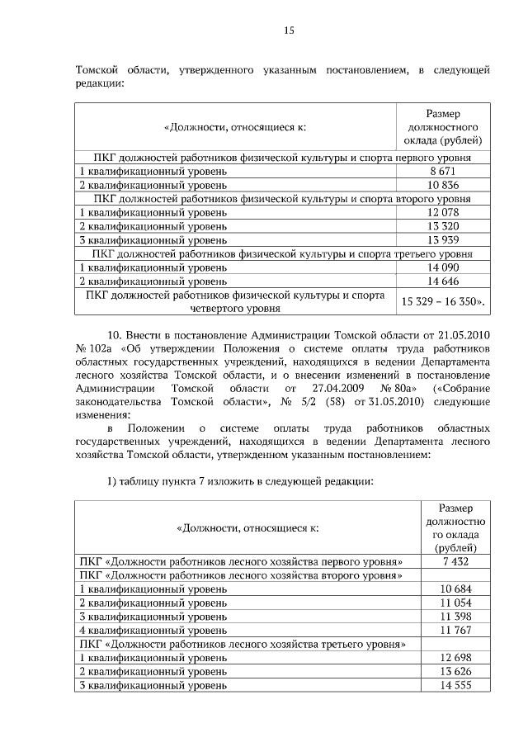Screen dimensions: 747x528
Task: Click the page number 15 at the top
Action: tap(289, 31)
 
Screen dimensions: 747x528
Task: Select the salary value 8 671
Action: tap(442, 170)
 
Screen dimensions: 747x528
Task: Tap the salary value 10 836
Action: tap(442, 184)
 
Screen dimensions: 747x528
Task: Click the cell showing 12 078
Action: tap(442, 212)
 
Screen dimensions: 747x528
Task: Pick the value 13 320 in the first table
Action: tap(442, 226)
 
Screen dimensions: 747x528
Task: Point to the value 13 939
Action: tap(442, 240)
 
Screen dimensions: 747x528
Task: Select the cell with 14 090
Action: tap(442, 268)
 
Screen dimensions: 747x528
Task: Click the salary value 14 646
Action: tap(442, 282)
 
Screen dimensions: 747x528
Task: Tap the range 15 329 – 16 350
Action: tap(443, 302)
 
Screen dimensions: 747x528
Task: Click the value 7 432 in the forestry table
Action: tap(455, 560)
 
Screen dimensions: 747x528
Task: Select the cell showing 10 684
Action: tap(455, 589)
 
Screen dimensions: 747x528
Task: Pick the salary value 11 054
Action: tap(455, 603)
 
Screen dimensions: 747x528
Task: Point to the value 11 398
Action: tap(455, 617)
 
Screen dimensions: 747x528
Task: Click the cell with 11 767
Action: tap(455, 631)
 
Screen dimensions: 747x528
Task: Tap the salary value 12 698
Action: tap(455, 658)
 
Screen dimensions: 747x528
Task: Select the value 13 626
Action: tap(455, 672)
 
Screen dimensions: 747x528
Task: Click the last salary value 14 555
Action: tap(455, 686)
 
